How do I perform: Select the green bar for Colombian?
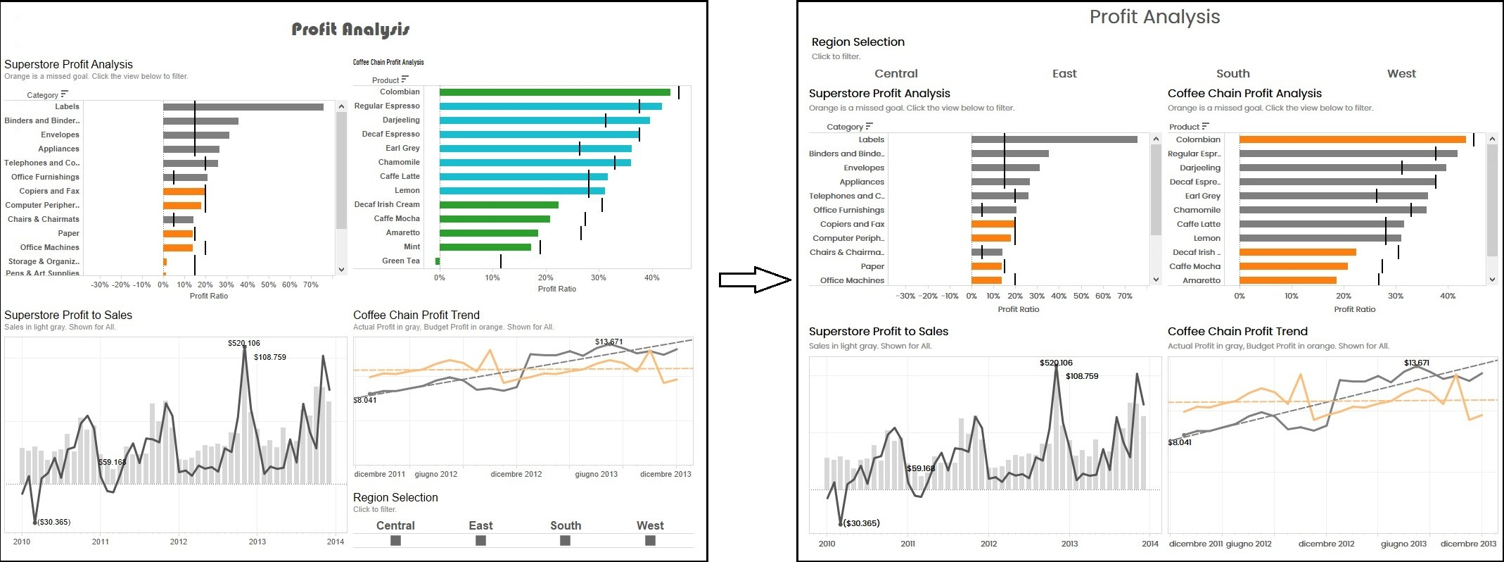tap(554, 92)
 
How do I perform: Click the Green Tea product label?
tap(400, 261)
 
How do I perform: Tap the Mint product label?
tap(412, 246)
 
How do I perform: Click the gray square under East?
tap(480, 540)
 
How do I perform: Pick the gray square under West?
tap(650, 540)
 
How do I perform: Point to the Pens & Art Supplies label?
tap(42, 273)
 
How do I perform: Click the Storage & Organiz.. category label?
tap(44, 261)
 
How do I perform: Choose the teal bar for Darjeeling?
tap(544, 120)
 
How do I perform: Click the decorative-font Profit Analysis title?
tap(350, 30)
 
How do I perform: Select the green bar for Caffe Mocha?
tap(495, 219)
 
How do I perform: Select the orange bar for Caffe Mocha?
tap(1293, 266)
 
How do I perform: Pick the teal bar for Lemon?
tap(522, 191)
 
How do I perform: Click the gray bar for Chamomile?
tap(1332, 210)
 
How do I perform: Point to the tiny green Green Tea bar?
tap(438, 261)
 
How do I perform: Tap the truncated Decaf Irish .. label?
tap(1196, 252)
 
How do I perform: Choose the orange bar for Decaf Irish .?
tap(1297, 252)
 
